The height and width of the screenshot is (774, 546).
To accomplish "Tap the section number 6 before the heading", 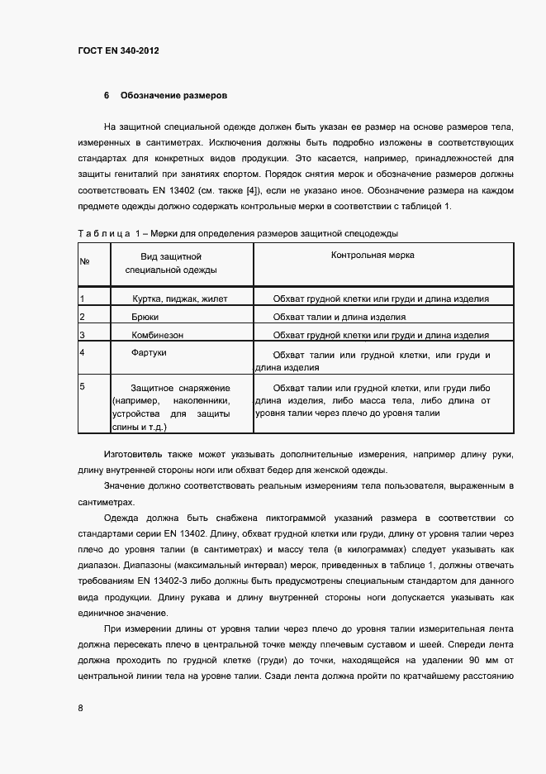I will click(x=107, y=96).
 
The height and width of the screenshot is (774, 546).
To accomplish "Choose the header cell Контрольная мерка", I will click(x=373, y=256).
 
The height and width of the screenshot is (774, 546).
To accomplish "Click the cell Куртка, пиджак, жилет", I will click(x=178, y=299).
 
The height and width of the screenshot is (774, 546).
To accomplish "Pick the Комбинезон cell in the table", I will click(x=157, y=335).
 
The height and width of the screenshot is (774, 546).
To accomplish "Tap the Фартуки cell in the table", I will click(x=149, y=353).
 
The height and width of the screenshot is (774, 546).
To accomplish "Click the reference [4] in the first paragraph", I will click(x=249, y=190).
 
